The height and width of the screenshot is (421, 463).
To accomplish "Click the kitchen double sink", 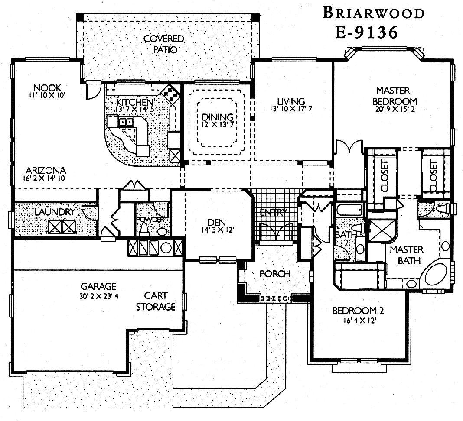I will [x=126, y=122].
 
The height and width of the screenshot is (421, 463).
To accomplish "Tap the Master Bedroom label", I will [x=393, y=96].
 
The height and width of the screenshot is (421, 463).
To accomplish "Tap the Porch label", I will [x=274, y=274].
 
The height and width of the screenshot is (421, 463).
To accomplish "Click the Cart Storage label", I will [x=156, y=302].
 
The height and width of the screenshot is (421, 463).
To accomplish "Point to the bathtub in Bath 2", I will [x=349, y=210].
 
